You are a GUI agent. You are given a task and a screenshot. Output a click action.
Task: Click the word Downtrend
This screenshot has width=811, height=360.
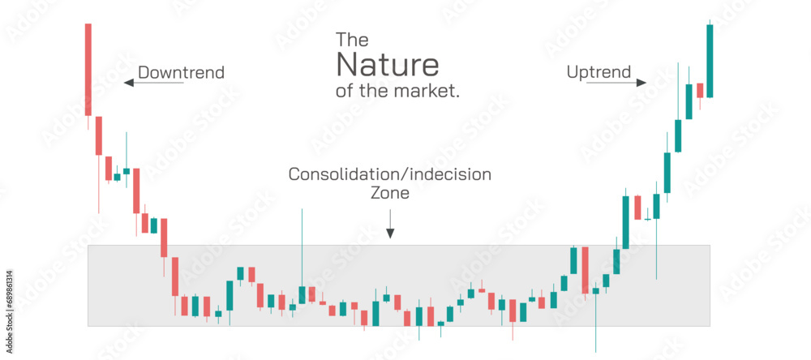(181, 73)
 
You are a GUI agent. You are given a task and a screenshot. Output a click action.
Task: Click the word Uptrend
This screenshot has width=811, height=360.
(599, 73)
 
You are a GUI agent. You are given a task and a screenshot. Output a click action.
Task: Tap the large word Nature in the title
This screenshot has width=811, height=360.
(387, 63)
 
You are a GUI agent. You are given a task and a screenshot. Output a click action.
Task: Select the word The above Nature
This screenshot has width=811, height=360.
(352, 39)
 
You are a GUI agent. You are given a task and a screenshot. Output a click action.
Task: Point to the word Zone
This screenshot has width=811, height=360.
(390, 194)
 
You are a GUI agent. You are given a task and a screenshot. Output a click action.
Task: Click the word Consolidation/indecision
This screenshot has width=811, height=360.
(390, 174)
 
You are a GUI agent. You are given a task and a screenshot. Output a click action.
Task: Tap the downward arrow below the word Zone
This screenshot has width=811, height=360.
(390, 224)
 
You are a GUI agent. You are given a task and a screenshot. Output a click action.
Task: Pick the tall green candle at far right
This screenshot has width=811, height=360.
(710, 61)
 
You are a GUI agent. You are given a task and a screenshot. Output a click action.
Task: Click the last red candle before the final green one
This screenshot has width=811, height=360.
(699, 90)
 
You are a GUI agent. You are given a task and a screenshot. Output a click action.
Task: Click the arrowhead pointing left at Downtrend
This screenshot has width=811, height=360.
(127, 82)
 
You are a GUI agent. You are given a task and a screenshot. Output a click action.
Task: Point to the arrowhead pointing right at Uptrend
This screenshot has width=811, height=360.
(643, 82)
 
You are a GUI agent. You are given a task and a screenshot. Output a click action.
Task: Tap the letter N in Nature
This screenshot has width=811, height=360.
(345, 63)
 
